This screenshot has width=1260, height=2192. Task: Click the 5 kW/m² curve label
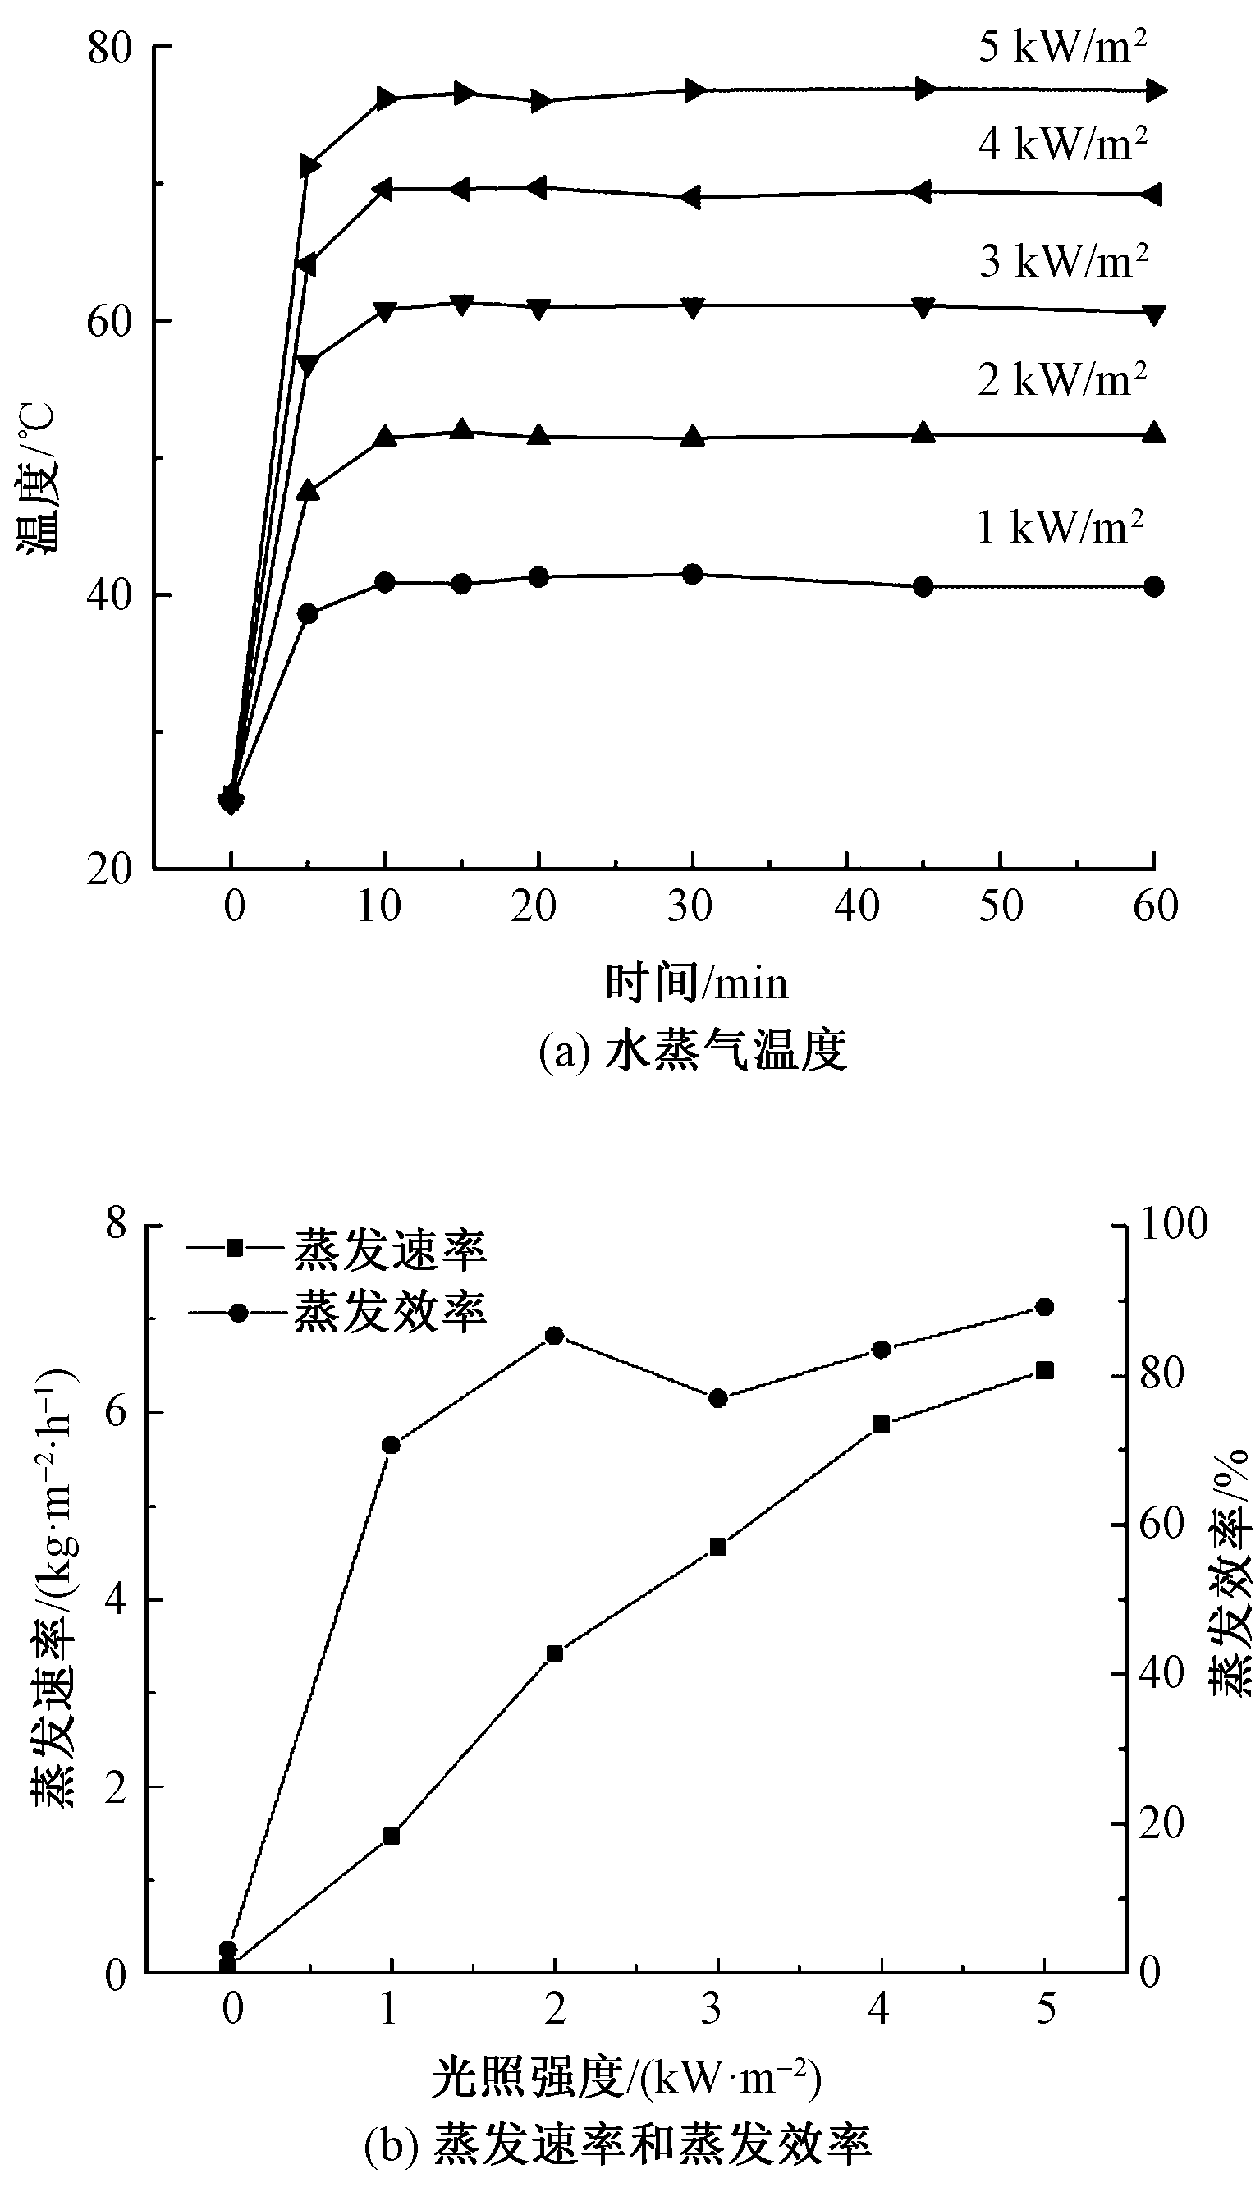[1063, 47]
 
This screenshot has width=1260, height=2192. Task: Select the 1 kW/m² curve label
[1060, 527]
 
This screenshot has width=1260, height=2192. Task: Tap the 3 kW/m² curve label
[1064, 260]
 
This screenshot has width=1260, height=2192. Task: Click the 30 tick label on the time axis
[690, 907]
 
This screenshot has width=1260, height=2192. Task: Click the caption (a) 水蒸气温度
[692, 1052]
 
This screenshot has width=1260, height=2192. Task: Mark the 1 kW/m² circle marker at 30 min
[692, 574]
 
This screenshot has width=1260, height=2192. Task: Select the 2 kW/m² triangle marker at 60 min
[1153, 433]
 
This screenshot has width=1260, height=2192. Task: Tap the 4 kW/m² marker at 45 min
[923, 192]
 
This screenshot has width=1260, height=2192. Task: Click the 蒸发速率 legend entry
[337, 1250]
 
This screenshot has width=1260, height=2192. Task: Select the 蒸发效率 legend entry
[337, 1312]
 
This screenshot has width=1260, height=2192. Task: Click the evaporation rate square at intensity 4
[881, 1424]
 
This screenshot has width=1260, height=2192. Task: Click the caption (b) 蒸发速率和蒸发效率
[618, 2144]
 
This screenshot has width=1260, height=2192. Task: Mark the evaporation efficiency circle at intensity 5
[1044, 1307]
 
